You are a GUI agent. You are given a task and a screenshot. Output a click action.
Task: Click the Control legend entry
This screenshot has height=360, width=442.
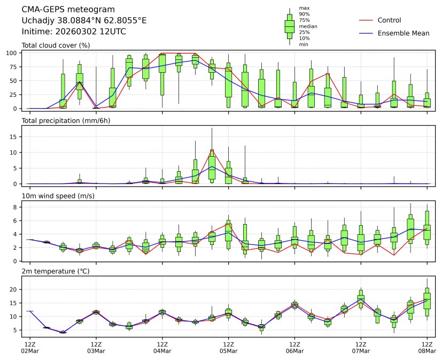(389, 20)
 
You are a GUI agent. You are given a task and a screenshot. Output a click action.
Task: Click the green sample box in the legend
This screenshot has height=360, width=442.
(290, 26)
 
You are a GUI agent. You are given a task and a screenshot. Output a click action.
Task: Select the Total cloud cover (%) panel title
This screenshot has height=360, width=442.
(56, 45)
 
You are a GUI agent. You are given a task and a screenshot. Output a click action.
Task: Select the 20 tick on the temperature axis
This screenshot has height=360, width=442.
(15, 289)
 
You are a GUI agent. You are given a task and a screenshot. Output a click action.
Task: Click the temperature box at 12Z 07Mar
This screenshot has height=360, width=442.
(361, 298)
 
